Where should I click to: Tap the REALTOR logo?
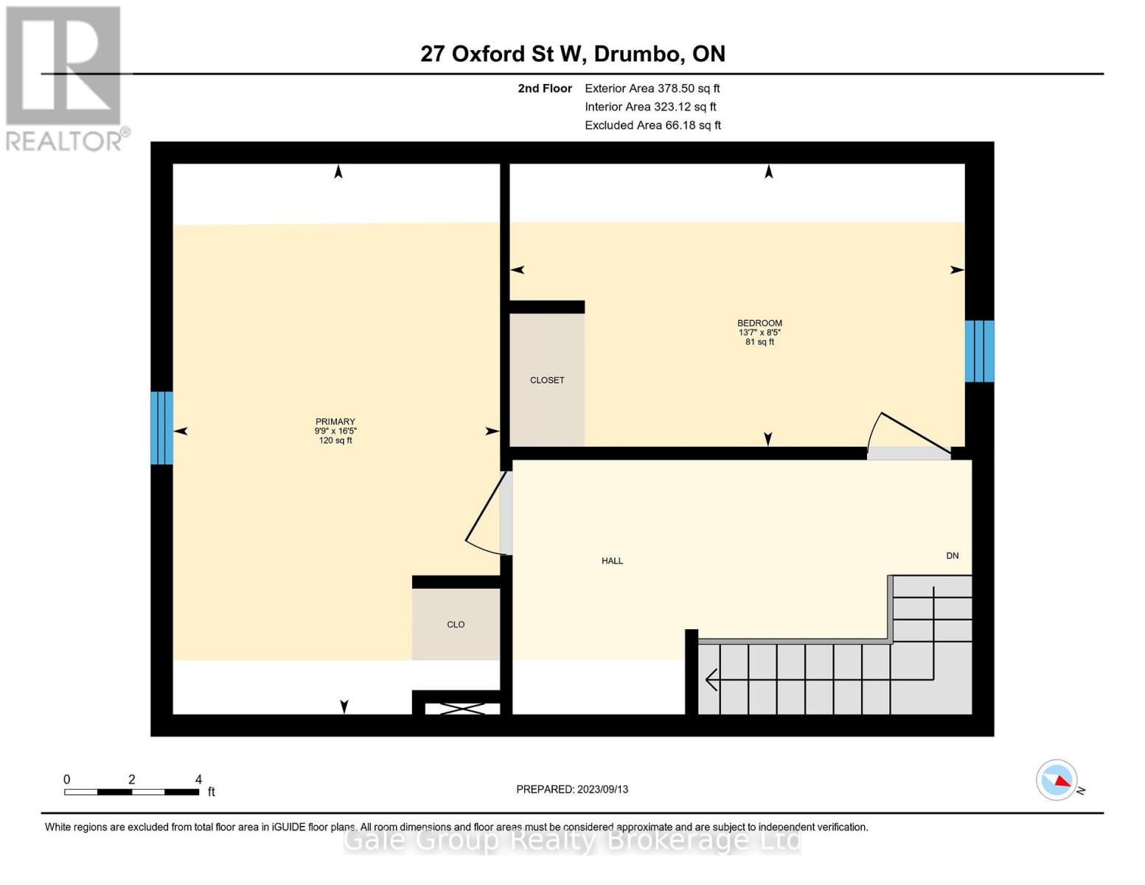click(x=65, y=78)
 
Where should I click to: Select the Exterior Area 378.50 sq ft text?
click(x=652, y=88)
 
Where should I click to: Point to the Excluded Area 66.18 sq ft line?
click(x=652, y=125)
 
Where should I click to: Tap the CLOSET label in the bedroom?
click(x=547, y=381)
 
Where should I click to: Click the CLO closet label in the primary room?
click(x=456, y=625)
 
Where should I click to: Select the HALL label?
click(x=612, y=561)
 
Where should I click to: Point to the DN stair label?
click(x=952, y=556)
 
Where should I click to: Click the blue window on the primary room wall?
click(x=161, y=428)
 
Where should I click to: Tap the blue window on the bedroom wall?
click(x=979, y=351)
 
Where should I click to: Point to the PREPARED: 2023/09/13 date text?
click(x=572, y=789)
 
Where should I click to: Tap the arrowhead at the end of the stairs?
click(x=711, y=679)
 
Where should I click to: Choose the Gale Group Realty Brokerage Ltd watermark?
click(x=572, y=840)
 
